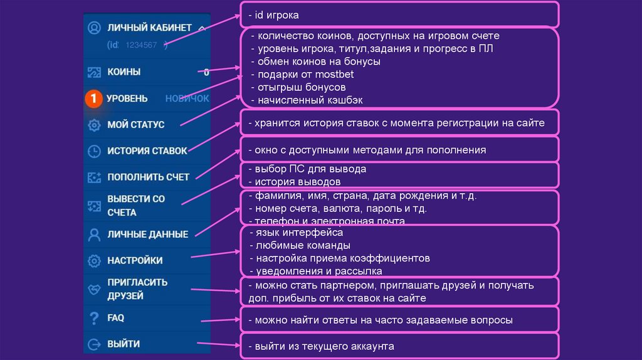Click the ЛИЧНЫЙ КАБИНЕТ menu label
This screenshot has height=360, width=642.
point(149,28)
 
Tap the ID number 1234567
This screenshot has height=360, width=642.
point(141,45)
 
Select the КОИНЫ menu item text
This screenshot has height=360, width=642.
point(124,72)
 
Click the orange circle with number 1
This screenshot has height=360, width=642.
point(93,98)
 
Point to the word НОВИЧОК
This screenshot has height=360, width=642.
point(187,98)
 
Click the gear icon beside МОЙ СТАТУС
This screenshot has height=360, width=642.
point(94,125)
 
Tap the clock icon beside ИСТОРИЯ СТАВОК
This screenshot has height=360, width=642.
point(94,151)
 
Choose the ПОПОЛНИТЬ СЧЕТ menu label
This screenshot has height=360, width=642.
point(148,177)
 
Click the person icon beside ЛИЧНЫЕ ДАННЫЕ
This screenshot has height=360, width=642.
point(94,235)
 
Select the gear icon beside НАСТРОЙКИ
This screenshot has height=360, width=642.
point(94,260)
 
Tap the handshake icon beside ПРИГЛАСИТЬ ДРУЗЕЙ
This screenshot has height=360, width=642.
point(94,289)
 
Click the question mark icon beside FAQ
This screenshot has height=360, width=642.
point(94,318)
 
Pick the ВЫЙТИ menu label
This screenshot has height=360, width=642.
point(124,344)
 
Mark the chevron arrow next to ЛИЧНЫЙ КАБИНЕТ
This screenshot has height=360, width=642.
point(201,28)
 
